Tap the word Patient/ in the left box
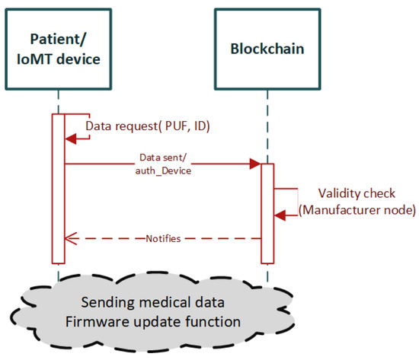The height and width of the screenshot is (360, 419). point(58,40)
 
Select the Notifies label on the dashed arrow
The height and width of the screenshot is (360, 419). point(163,238)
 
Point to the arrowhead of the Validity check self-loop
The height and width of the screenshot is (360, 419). point(280,216)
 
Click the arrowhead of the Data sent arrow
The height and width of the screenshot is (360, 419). point(257,164)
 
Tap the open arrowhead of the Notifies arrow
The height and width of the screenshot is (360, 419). point(68,238)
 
